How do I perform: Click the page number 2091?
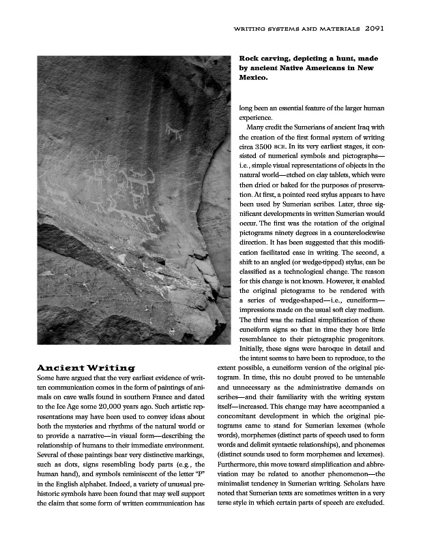[x=377, y=29]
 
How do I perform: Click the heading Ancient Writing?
[x=85, y=368]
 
